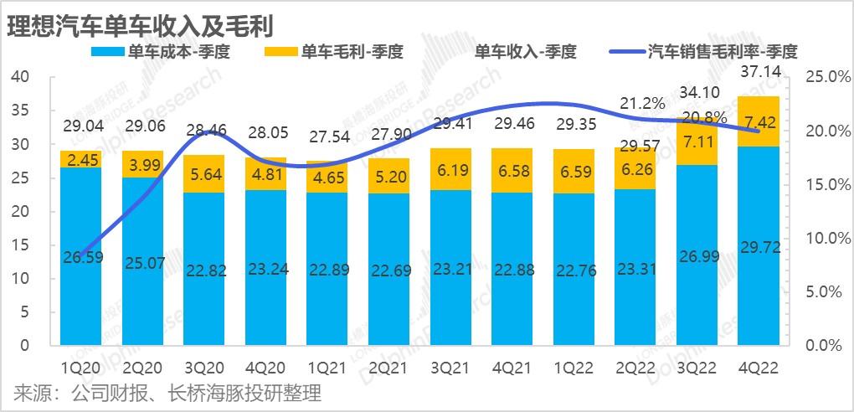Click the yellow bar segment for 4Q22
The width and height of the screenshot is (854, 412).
pyautogui.click(x=759, y=122)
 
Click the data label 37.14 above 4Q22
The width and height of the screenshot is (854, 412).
pyautogui.click(x=759, y=85)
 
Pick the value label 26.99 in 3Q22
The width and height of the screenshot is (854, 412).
pyautogui.click(x=697, y=278)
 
